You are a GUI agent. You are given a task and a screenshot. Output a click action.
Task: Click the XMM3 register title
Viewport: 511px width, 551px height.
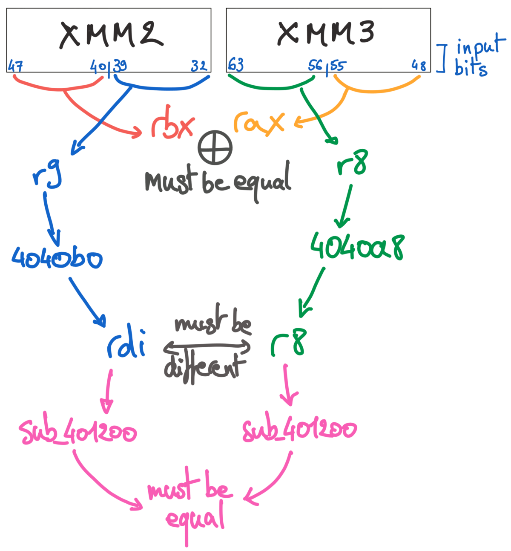(326, 33)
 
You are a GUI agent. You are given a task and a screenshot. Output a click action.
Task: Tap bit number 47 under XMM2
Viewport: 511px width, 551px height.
(15, 66)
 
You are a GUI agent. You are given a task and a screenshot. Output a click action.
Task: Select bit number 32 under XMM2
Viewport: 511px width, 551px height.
(198, 66)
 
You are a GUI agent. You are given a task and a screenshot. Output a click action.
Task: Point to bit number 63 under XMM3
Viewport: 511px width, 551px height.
(235, 65)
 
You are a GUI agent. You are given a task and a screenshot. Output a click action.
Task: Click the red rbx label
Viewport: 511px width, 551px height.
(172, 126)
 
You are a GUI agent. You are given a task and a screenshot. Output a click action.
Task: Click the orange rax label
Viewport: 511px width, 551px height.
(258, 122)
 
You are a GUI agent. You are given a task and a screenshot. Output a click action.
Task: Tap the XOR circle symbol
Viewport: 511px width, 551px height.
(215, 147)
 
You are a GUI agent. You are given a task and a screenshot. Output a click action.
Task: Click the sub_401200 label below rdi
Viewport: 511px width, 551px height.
(78, 432)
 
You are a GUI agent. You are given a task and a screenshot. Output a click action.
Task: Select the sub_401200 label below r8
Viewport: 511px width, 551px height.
(299, 430)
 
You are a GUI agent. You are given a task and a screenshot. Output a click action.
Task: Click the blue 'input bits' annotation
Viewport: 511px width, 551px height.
(476, 58)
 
